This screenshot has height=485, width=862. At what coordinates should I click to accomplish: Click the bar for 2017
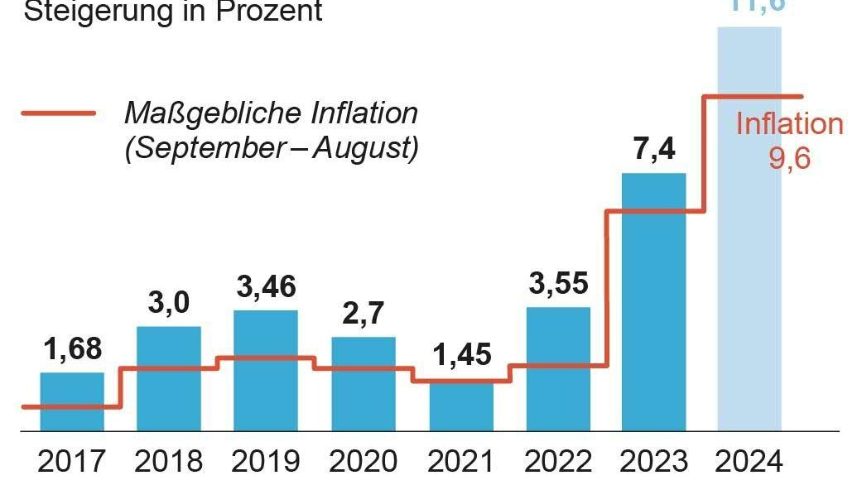click(x=72, y=402)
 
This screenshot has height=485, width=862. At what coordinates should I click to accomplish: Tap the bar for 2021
click(x=461, y=406)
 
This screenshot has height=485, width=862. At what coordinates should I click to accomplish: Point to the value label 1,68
click(x=72, y=349)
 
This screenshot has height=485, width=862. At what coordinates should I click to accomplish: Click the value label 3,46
click(x=266, y=286)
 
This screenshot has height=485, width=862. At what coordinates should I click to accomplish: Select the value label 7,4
click(x=653, y=151)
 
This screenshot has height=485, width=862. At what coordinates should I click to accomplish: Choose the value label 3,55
click(x=558, y=283)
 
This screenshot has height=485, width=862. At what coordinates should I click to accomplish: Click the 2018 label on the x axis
click(x=169, y=461)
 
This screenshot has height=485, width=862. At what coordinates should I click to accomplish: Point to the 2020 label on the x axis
click(x=364, y=461)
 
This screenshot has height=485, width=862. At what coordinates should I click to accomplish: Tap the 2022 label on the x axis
click(x=558, y=461)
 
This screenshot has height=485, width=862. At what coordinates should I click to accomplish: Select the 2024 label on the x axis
click(x=750, y=461)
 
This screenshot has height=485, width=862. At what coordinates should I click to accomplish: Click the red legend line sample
click(x=58, y=113)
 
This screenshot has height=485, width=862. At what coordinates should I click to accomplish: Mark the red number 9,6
click(x=788, y=157)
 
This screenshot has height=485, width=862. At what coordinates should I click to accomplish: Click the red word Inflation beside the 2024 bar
click(x=789, y=124)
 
